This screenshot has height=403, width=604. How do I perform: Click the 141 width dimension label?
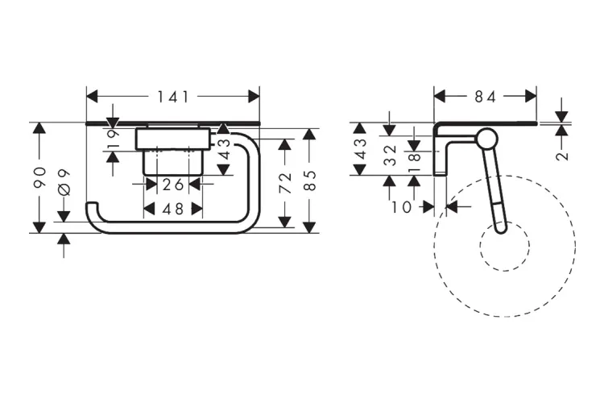(172, 97)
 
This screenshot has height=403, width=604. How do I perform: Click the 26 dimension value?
(168, 184)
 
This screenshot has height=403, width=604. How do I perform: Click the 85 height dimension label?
(311, 179)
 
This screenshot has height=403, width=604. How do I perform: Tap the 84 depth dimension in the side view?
(485, 97)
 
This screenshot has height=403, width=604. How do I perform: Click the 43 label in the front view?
(224, 150)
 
